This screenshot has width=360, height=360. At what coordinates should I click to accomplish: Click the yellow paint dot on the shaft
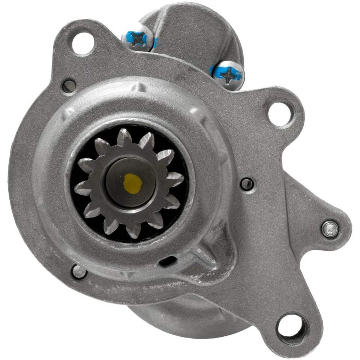132,183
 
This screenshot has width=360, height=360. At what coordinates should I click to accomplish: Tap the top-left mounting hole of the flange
82,43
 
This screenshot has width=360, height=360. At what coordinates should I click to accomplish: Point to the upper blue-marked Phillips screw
138,38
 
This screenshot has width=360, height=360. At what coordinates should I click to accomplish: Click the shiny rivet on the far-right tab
330,229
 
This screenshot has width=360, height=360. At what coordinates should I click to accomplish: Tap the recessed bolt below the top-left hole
69,86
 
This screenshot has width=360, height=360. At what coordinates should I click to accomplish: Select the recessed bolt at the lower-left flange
79,271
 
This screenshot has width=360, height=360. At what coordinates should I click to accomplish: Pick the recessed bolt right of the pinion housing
246,184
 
